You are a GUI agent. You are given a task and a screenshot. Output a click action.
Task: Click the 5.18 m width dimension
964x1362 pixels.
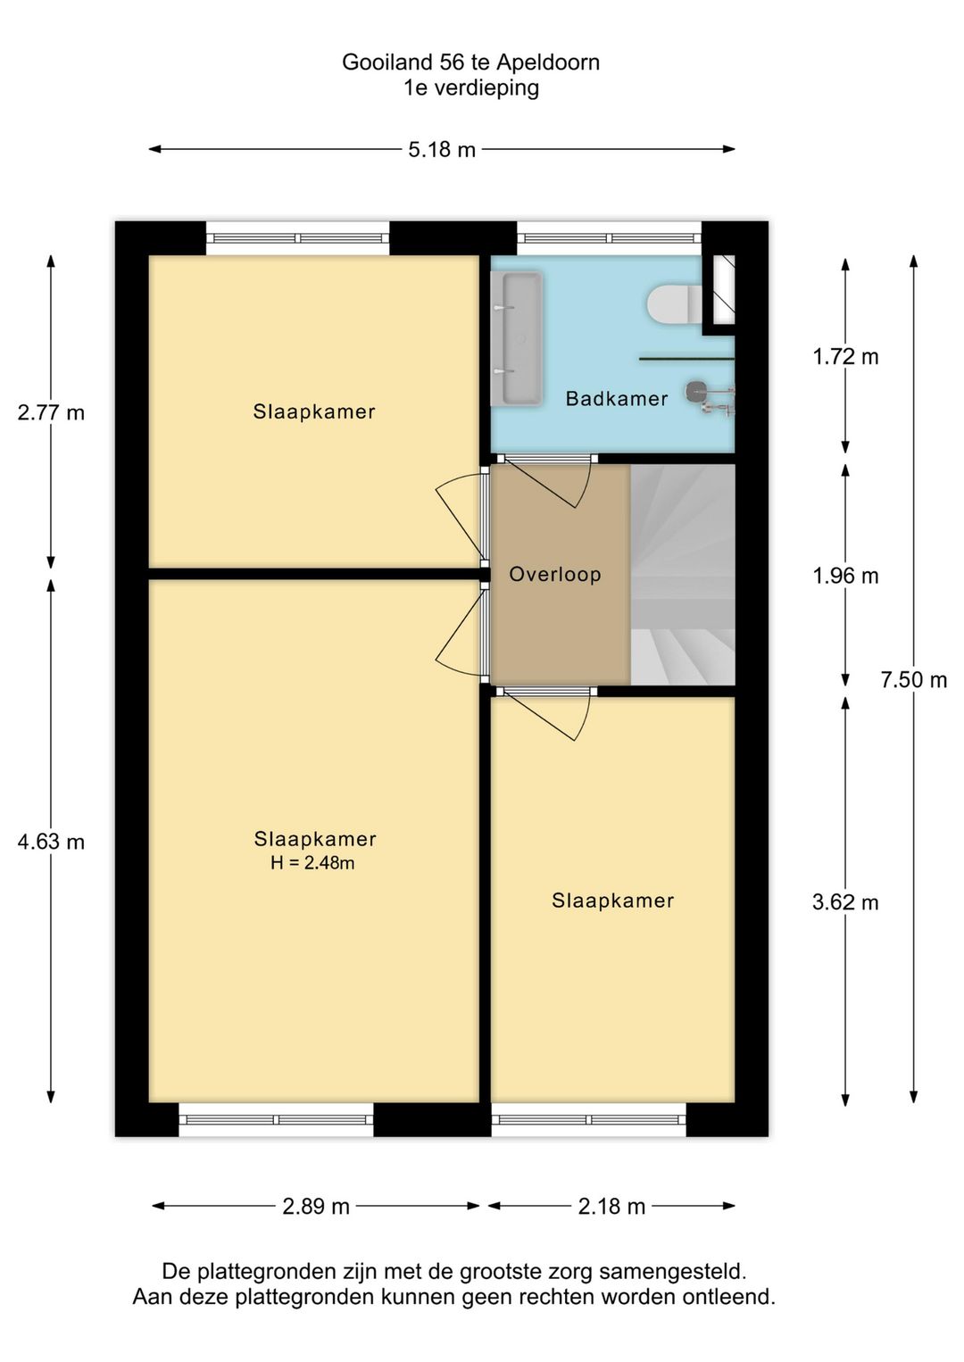[442, 150]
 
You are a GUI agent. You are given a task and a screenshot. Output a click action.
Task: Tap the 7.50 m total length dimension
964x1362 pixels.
[913, 680]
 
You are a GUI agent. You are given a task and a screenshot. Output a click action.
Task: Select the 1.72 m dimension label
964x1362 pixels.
[845, 357]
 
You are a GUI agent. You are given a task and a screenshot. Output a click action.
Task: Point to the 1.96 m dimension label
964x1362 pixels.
[845, 577]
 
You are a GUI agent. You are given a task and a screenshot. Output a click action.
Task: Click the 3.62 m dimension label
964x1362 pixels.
[845, 902]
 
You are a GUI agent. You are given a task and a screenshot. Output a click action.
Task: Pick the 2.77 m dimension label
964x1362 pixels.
[51, 412]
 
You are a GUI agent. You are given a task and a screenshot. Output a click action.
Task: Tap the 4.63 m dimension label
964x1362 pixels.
[51, 842]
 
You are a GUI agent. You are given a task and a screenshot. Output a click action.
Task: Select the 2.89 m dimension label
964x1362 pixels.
[316, 1207]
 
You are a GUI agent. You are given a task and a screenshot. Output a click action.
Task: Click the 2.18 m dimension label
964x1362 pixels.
[611, 1207]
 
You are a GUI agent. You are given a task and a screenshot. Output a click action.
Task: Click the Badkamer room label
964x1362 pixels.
[617, 399]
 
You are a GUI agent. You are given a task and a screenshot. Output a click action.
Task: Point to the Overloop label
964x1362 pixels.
[555, 574]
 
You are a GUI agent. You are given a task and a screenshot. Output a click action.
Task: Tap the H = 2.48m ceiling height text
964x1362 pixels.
[312, 863]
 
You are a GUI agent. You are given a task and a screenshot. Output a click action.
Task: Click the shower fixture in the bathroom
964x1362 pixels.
[710, 395]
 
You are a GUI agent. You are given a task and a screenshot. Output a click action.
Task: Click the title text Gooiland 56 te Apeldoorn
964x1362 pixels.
[470, 62]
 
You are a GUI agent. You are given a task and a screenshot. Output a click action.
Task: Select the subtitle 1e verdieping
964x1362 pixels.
[470, 87]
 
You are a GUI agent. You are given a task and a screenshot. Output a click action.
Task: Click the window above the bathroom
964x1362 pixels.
[609, 238]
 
